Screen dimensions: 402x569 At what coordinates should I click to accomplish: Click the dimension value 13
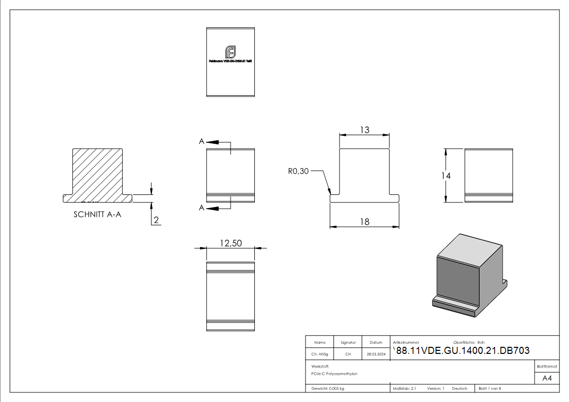click(364, 130)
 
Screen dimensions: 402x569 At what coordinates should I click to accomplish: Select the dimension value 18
click(364, 221)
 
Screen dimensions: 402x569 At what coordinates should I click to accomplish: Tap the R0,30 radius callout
click(298, 172)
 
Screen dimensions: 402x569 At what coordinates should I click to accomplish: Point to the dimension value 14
click(445, 175)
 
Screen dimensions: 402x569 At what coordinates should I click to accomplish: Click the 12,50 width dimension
click(231, 243)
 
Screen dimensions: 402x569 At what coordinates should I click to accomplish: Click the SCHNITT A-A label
click(97, 214)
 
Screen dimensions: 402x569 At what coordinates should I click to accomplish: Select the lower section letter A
click(202, 208)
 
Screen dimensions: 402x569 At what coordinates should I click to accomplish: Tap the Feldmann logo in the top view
click(231, 52)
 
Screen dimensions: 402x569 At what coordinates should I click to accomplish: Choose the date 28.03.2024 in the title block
click(376, 354)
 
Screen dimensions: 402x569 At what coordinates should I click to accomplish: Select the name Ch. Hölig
click(319, 354)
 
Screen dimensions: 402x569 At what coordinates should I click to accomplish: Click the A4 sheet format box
click(547, 378)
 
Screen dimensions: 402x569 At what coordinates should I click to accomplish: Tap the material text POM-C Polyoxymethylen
click(334, 374)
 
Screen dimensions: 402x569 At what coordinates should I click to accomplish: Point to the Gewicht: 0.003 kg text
click(328, 388)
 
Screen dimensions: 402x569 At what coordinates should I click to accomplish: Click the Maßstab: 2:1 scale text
click(404, 388)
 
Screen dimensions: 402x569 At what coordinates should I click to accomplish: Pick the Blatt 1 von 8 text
click(490, 388)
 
